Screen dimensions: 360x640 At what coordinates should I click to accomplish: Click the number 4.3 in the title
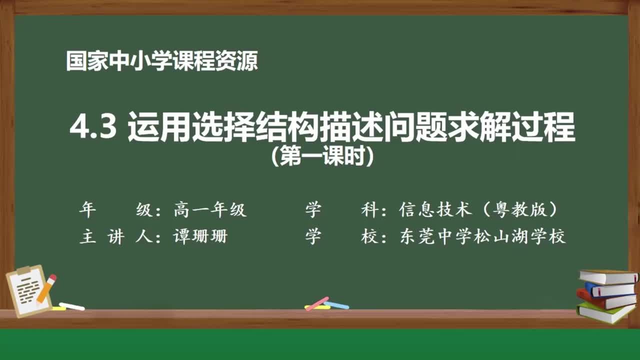pos(93,128)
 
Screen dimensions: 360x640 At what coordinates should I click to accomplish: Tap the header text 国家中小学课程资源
pos(162,61)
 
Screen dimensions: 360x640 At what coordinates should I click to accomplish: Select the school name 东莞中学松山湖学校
pos(482,236)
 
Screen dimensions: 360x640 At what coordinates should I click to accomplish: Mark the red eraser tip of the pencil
pos(52,277)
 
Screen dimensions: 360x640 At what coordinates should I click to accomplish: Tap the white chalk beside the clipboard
pos(72,306)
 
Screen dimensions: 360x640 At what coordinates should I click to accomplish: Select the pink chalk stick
pos(316,303)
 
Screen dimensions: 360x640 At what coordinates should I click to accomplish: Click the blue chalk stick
pos(336,305)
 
